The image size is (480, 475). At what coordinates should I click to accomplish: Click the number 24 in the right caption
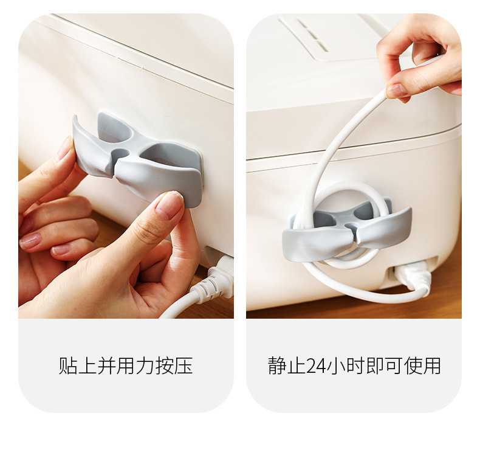pyautogui.click(x=316, y=366)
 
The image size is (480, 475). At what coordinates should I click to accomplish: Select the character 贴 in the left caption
pyautogui.click(x=68, y=366)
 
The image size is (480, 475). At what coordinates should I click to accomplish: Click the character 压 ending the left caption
pyautogui.click(x=183, y=366)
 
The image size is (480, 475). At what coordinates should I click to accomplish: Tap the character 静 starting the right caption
pyautogui.click(x=278, y=366)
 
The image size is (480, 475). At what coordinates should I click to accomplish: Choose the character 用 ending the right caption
pyautogui.click(x=431, y=366)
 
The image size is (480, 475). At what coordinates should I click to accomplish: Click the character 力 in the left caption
pyautogui.click(x=145, y=366)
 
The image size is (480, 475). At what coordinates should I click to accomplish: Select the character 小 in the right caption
pyautogui.click(x=336, y=366)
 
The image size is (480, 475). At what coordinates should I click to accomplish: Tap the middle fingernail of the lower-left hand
pyautogui.click(x=30, y=241)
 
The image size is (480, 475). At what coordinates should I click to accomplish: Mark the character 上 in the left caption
pyautogui.click(x=87, y=366)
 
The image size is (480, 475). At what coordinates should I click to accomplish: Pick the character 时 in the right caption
pyautogui.click(x=355, y=366)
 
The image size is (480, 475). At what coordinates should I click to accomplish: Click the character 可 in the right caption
pyautogui.click(x=393, y=366)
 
